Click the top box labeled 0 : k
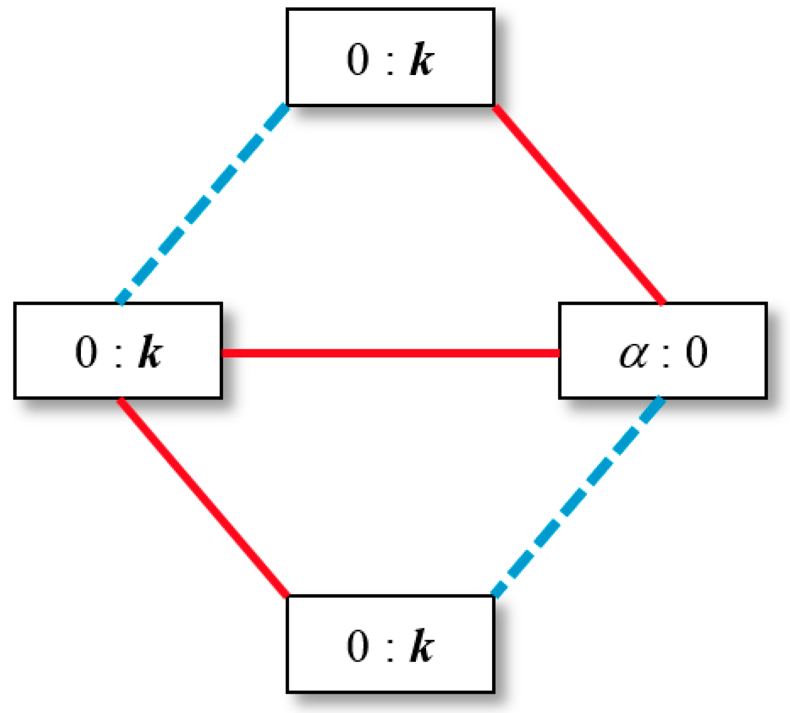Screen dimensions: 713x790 (390, 57)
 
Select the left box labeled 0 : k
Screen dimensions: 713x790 (118, 351)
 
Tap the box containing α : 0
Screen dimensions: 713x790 (663, 351)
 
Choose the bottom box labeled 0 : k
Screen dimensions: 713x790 (390, 644)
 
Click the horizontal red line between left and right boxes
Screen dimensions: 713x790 (390, 353)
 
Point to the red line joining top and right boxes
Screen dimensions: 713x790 (579, 205)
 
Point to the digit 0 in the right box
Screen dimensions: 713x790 (697, 352)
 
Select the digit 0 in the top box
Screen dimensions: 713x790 (358, 58)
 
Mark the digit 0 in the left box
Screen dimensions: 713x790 (86, 352)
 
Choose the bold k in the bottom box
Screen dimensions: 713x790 (422, 646)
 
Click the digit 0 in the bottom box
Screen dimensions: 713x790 (358, 646)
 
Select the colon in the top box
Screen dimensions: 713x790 (390, 61)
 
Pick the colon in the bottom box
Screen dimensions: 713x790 (390, 649)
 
